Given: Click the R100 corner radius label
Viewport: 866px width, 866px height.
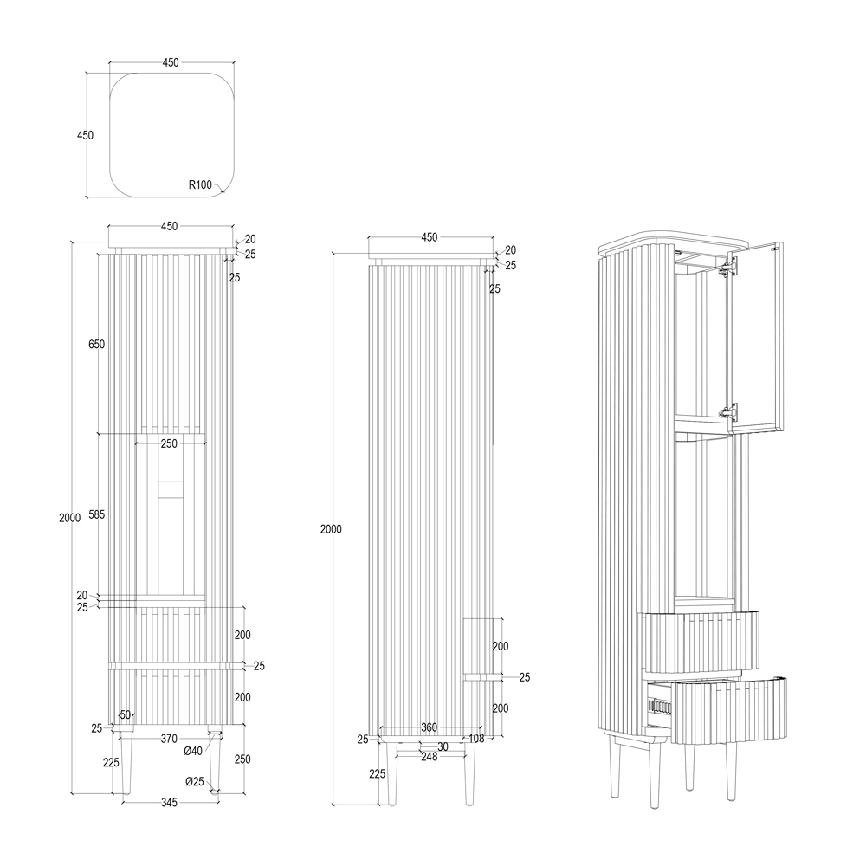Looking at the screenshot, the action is [200, 184].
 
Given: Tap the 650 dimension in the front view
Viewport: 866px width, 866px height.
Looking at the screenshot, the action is [96, 344].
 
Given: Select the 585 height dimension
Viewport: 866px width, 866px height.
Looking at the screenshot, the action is [97, 514].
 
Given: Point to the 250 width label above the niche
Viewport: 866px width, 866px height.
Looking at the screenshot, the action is [169, 443].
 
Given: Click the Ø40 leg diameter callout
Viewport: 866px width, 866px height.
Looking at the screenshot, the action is [193, 751].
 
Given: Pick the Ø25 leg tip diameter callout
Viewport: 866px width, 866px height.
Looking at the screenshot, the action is [194, 781].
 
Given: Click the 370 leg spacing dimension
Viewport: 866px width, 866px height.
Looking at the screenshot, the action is [169, 739].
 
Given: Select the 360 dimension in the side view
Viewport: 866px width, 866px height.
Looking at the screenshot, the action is [430, 727].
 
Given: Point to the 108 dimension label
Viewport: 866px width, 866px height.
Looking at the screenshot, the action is [476, 738].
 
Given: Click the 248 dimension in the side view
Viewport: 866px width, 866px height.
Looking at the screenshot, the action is [430, 757].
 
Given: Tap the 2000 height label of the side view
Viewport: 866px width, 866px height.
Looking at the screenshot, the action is [331, 529].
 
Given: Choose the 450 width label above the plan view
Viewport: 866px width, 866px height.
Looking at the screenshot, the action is [171, 62].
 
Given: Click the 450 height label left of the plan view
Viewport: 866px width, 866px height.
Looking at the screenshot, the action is [85, 135].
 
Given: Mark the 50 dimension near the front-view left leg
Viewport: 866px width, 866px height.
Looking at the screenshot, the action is [126, 714].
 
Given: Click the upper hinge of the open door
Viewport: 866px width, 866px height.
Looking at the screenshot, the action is [728, 268].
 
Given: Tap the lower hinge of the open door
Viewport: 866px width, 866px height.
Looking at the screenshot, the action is [728, 410].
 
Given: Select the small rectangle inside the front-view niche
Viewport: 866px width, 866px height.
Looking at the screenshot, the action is [170, 489].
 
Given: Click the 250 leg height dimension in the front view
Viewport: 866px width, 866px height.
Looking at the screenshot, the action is [242, 759].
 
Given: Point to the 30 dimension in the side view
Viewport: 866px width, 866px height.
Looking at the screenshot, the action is [443, 746].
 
